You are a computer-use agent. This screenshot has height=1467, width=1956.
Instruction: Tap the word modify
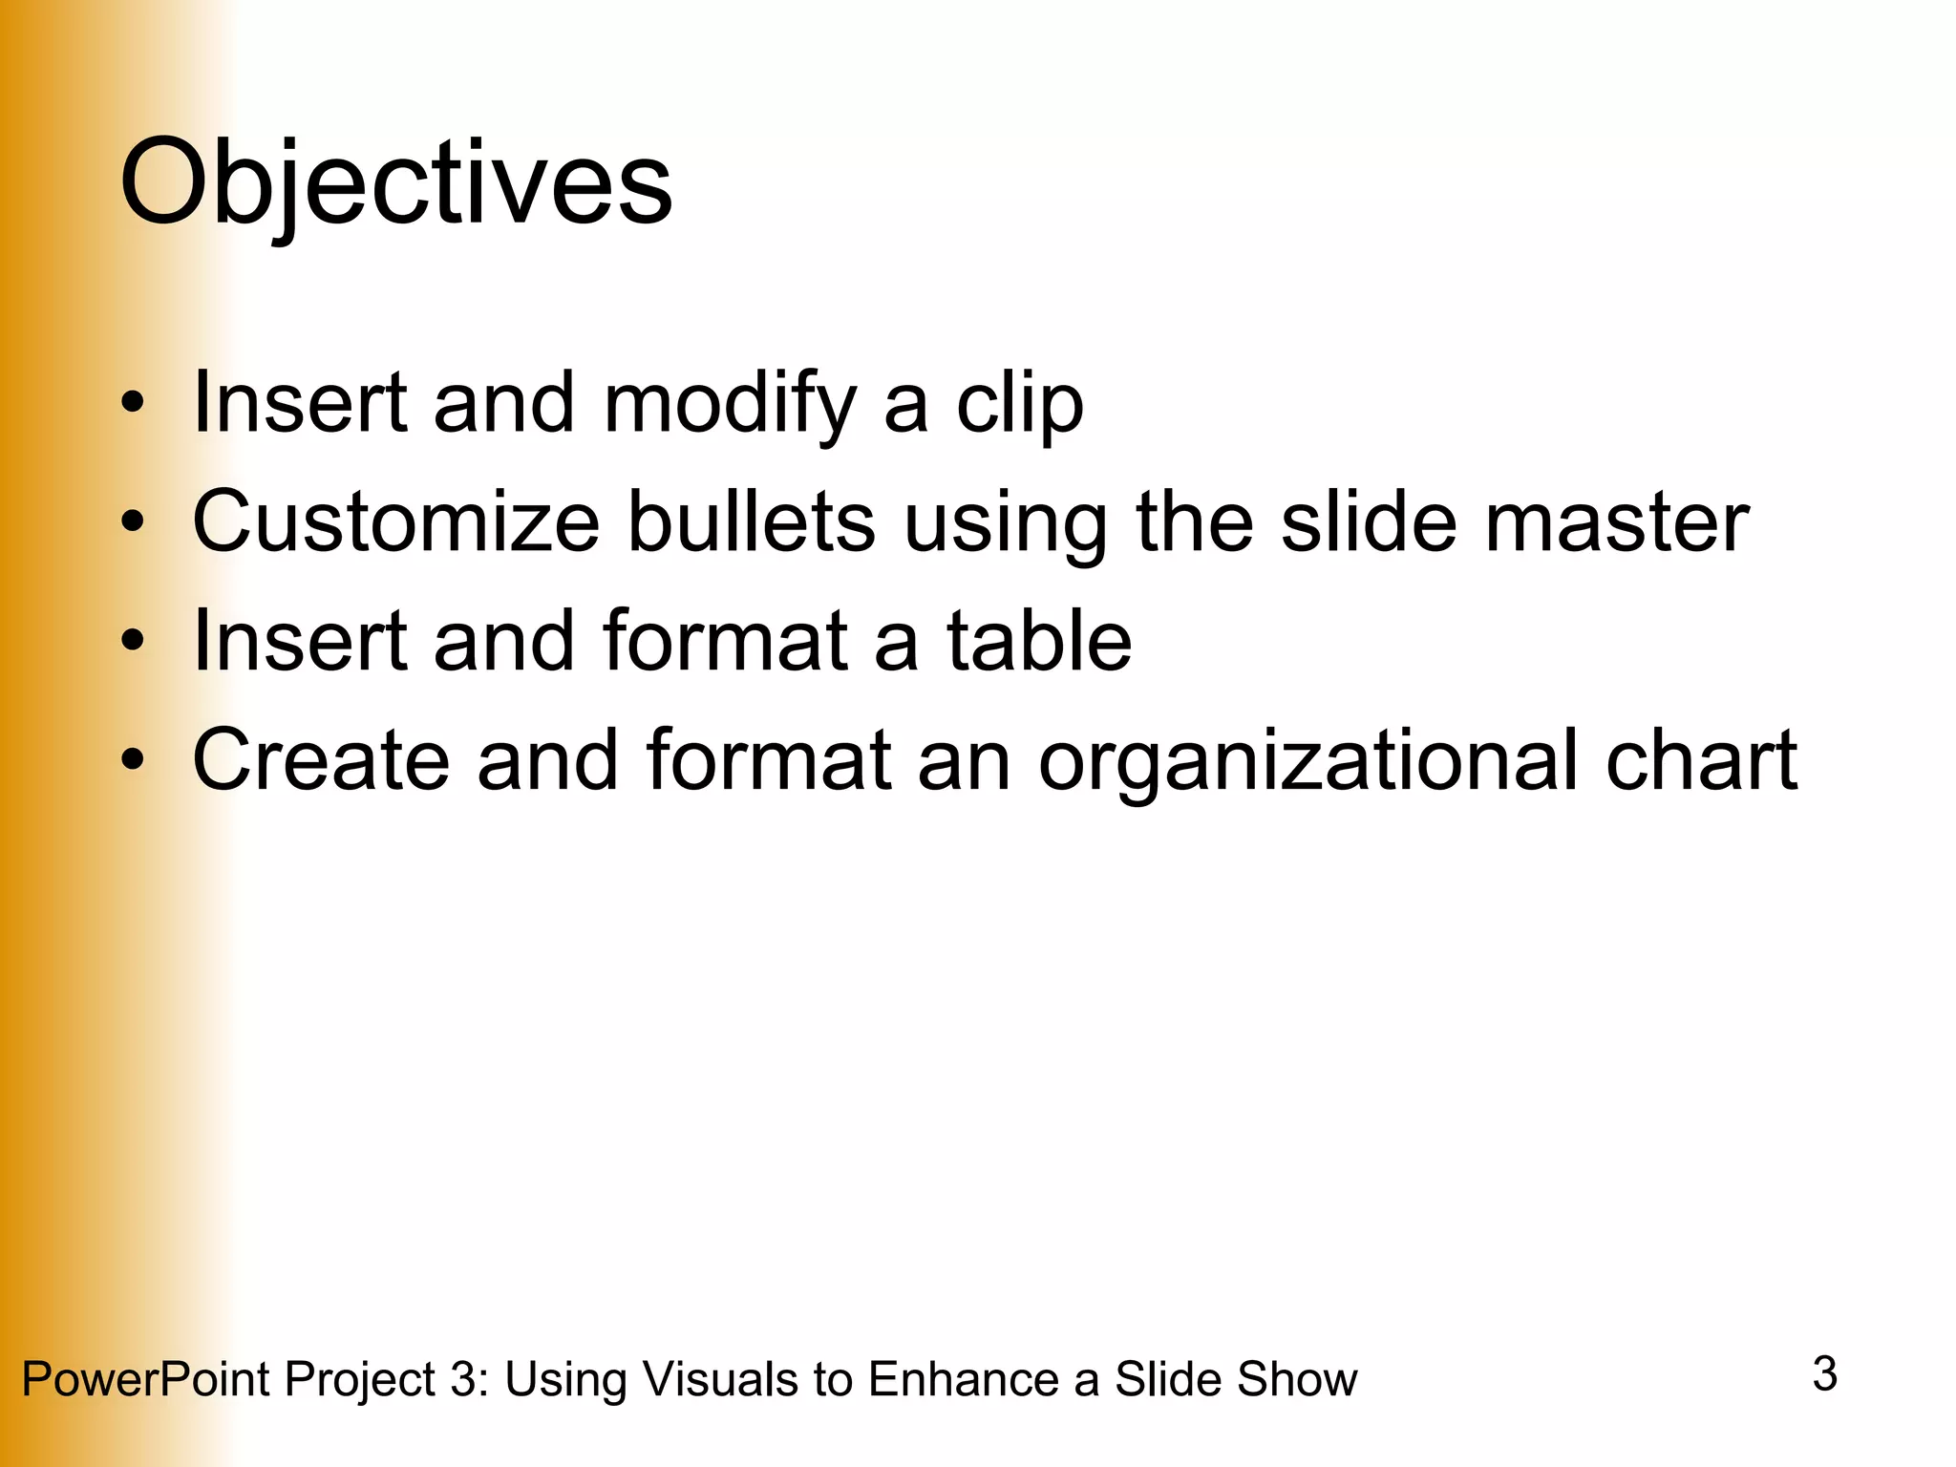point(730,403)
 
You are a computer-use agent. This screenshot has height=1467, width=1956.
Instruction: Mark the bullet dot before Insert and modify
point(133,403)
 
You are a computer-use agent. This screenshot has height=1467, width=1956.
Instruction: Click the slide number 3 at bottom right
point(1824,1373)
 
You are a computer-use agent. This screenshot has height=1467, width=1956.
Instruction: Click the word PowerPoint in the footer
point(145,1379)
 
